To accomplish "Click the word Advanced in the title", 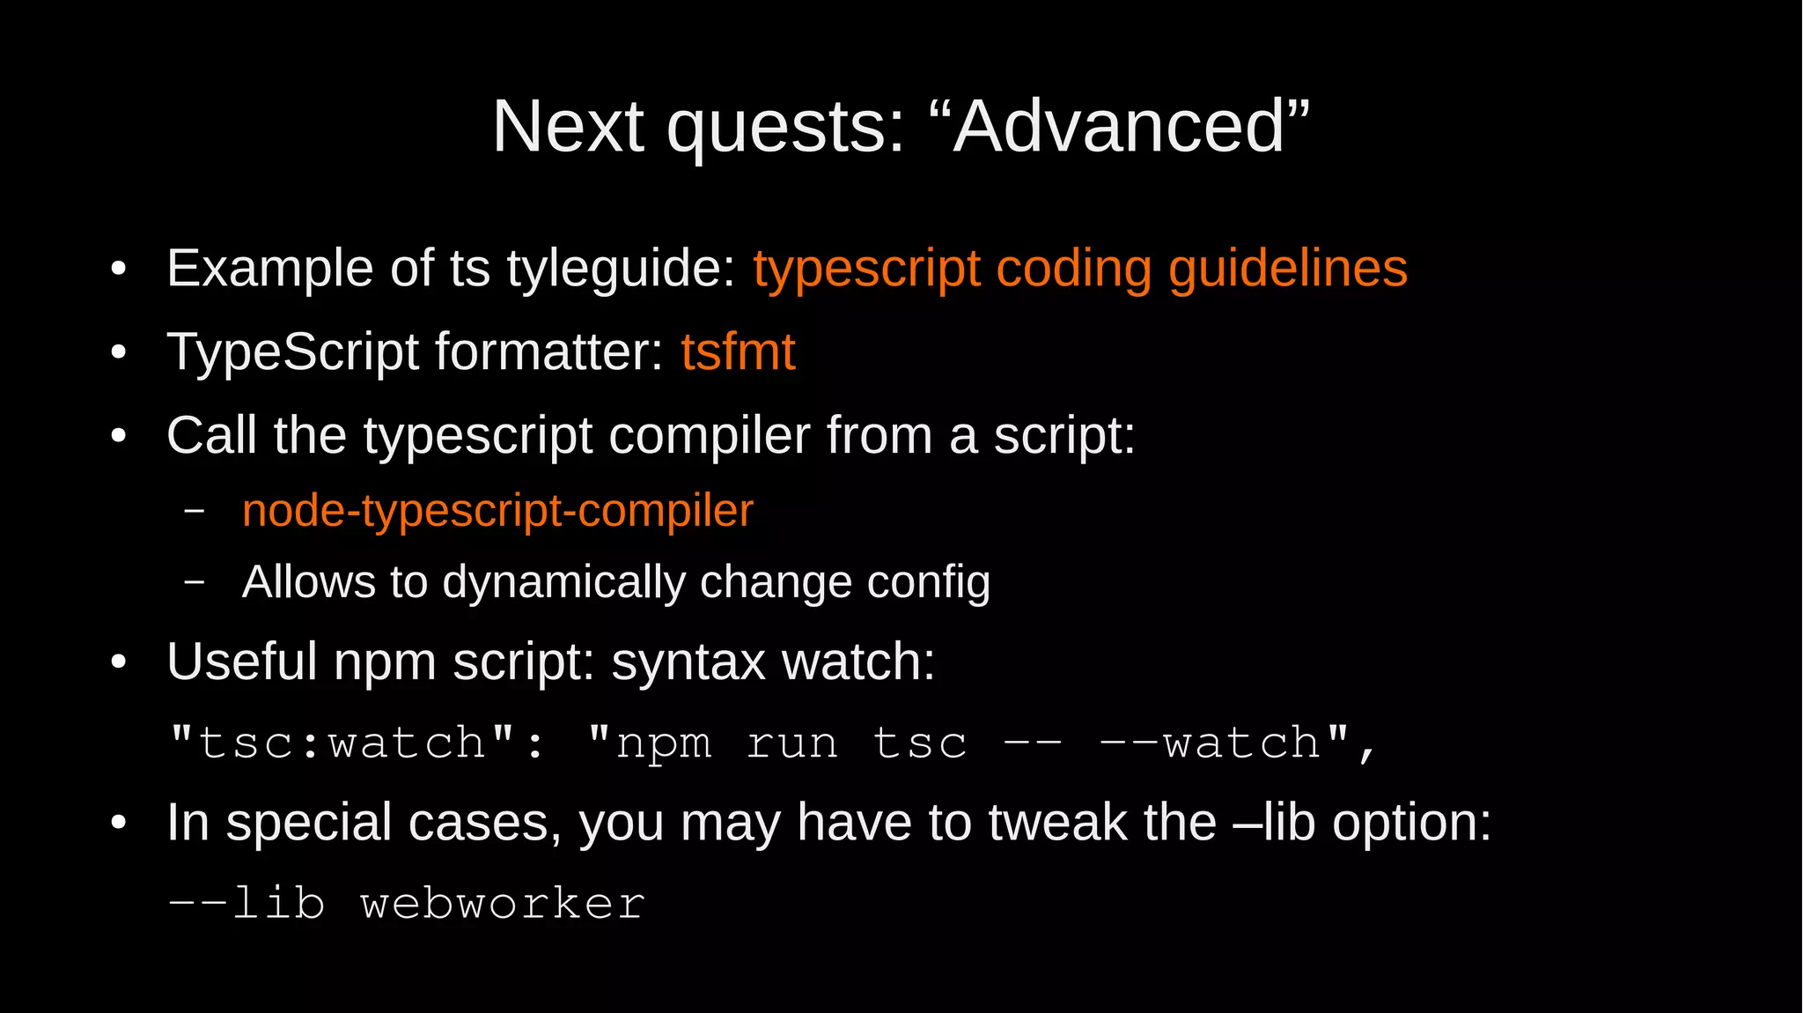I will (1119, 127).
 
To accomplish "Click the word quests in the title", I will (786, 129).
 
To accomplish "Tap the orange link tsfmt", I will (738, 351).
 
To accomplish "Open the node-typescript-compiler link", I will (497, 511).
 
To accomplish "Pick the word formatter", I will (548, 351).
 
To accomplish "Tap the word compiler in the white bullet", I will (708, 435).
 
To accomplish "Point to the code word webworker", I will (503, 904).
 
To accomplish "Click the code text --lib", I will (246, 904).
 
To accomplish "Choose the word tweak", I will (1057, 823).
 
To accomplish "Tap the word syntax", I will (688, 662).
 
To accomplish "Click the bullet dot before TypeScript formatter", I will (119, 353).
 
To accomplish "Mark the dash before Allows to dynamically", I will (195, 582).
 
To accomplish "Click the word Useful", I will (241, 662).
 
